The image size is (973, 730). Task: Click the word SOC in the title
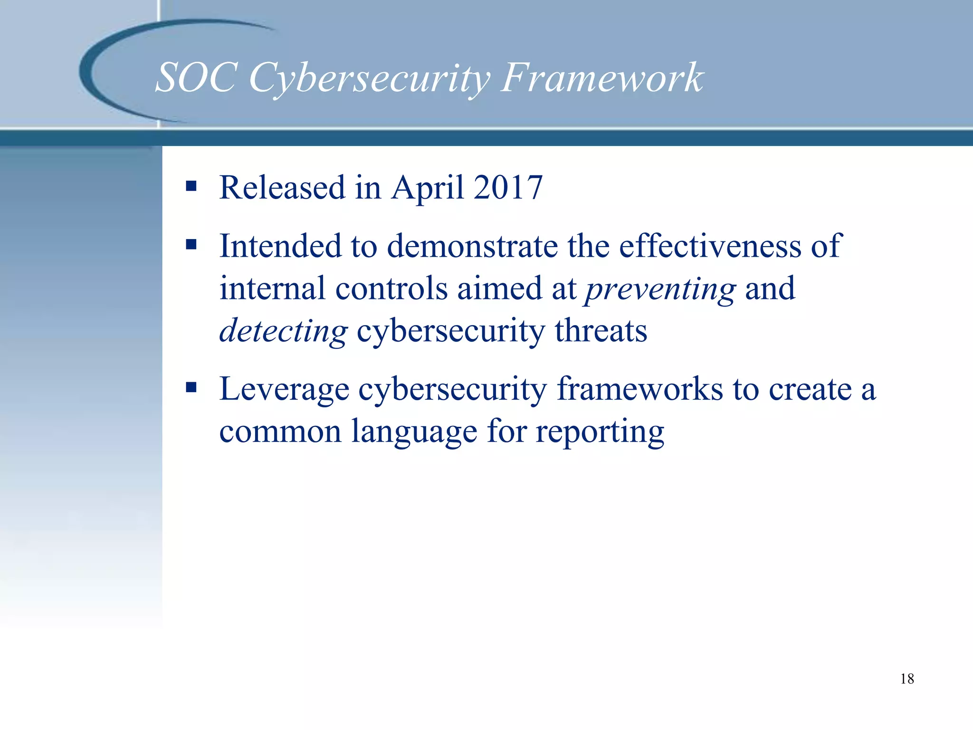196,77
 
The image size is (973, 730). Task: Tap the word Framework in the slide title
602,77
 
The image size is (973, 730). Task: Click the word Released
282,187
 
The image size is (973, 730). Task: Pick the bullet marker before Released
191,186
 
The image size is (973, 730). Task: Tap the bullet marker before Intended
191,245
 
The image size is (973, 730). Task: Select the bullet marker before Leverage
191,387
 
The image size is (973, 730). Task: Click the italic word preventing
660,289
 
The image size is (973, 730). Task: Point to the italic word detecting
283,331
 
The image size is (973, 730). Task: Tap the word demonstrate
472,246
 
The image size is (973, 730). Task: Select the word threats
601,331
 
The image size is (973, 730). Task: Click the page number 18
906,679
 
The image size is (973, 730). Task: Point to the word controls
391,288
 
